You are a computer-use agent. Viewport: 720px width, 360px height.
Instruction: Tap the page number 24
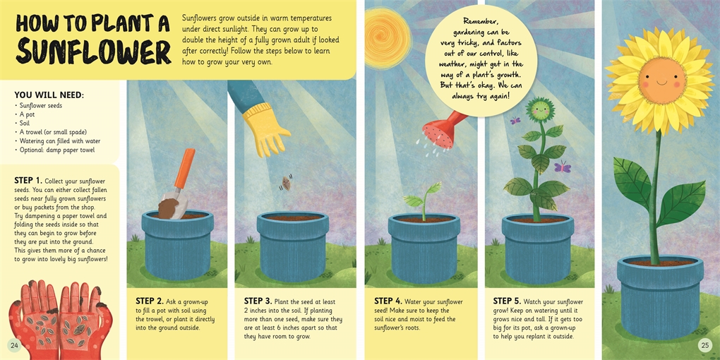coord(14,345)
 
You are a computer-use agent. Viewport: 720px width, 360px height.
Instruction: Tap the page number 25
coord(704,345)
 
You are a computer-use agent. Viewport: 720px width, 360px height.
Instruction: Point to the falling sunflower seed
coord(284,184)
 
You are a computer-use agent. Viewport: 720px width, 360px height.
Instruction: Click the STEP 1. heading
coord(28,180)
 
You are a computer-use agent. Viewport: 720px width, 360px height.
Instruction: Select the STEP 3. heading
coord(258,301)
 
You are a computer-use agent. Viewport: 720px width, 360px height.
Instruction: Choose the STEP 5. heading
coord(507,301)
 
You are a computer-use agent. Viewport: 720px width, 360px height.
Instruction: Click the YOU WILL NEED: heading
coord(49,95)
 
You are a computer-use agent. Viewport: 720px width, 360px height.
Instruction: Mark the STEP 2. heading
coord(150,301)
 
